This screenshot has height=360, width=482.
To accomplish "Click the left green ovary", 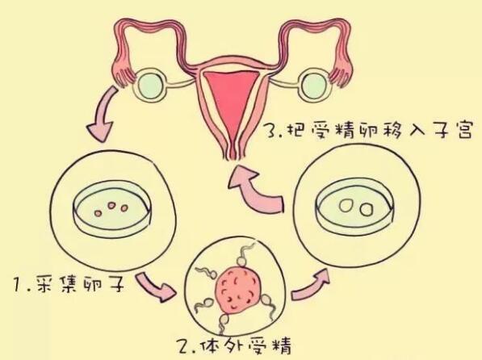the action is coord(151,86).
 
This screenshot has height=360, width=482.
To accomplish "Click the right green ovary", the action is coord(314,85).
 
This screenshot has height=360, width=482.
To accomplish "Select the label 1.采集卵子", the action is coord(69,283).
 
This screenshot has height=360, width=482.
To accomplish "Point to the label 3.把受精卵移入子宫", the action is coord(369,131).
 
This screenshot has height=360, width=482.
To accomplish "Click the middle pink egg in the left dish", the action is coord(111,205).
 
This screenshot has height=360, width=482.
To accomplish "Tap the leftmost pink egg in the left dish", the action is coord(98,213).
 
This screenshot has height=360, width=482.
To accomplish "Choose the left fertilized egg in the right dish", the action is coord(346,205).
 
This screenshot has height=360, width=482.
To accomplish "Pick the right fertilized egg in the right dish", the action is coord(366,210).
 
